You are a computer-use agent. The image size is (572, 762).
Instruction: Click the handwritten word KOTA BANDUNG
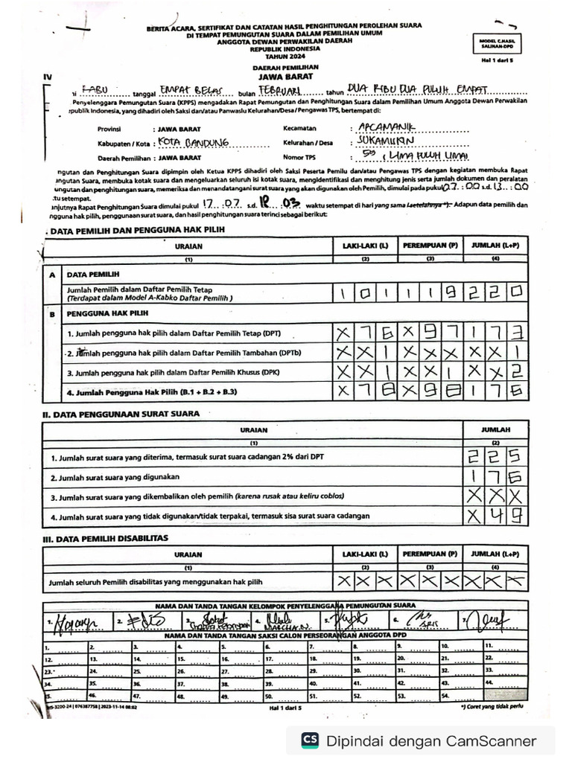point(187,142)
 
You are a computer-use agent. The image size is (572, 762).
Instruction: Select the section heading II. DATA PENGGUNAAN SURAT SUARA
point(121,413)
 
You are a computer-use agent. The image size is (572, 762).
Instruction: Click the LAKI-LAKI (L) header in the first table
point(365,245)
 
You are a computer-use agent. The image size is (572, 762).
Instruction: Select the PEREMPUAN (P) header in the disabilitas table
point(430,554)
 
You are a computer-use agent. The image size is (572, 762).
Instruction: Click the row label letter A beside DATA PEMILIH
point(52,275)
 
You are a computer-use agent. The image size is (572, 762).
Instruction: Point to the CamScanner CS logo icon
point(310,740)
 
